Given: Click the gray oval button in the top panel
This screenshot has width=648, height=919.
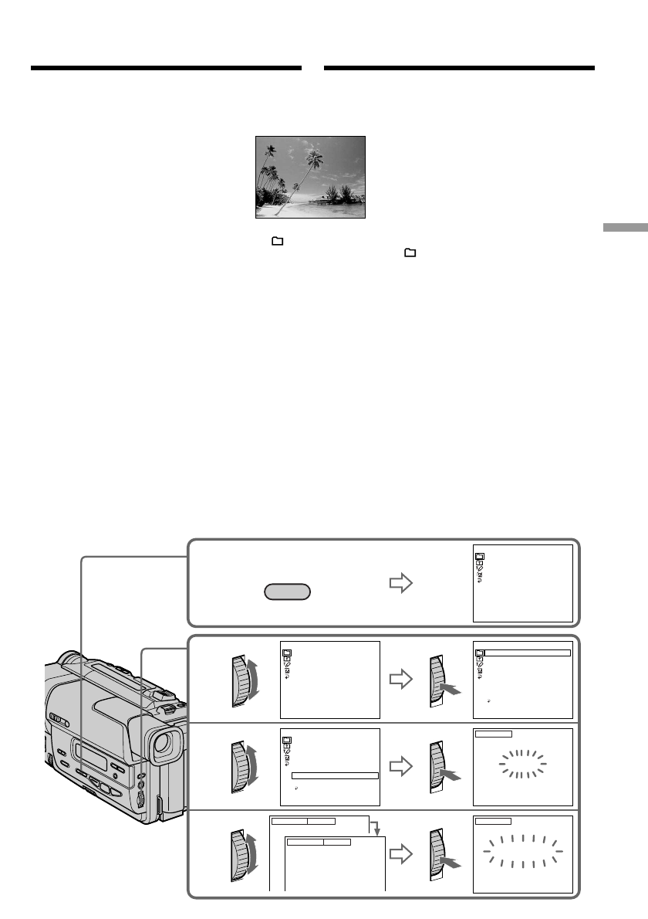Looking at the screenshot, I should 287,592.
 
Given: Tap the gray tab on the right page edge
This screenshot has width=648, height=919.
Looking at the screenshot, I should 624,229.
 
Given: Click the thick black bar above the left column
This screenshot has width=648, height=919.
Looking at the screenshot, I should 166,68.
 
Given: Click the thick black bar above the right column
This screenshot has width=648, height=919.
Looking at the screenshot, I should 459,68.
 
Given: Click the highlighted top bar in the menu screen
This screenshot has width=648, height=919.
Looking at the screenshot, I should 527,653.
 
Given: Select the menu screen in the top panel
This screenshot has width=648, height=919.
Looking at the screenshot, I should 522,583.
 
